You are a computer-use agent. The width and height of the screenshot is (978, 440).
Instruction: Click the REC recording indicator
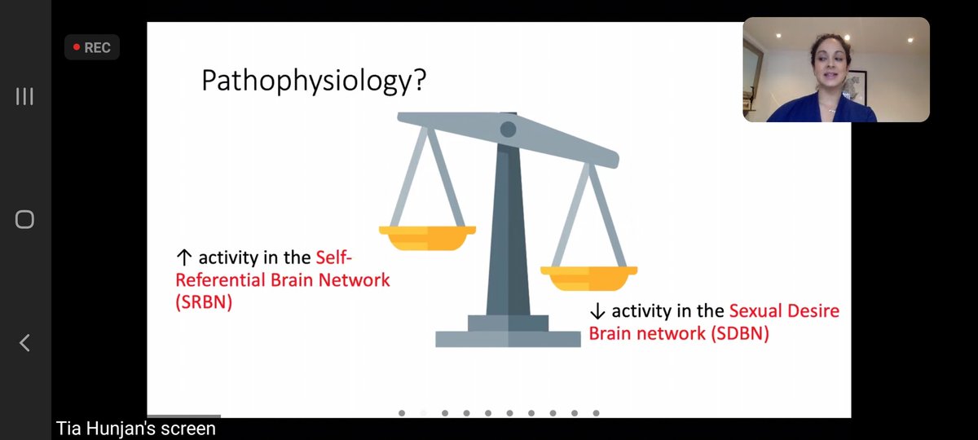click(92, 48)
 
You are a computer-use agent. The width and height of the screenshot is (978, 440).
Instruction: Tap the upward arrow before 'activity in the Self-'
click(183, 258)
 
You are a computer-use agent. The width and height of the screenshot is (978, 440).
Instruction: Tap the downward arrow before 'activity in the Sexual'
click(597, 311)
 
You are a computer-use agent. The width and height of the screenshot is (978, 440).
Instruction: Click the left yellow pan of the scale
click(427, 238)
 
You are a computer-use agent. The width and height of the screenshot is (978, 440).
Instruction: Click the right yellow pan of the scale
click(588, 278)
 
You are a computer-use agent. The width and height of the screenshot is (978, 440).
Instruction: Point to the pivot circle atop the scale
click(508, 129)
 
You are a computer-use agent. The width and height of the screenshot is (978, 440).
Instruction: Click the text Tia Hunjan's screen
click(136, 429)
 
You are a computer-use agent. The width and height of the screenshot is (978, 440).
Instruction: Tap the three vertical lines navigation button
click(24, 97)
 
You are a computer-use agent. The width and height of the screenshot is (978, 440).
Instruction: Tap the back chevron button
click(24, 342)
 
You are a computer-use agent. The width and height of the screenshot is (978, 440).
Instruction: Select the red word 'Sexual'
click(754, 311)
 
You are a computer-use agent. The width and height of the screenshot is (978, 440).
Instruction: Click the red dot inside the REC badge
click(77, 48)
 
